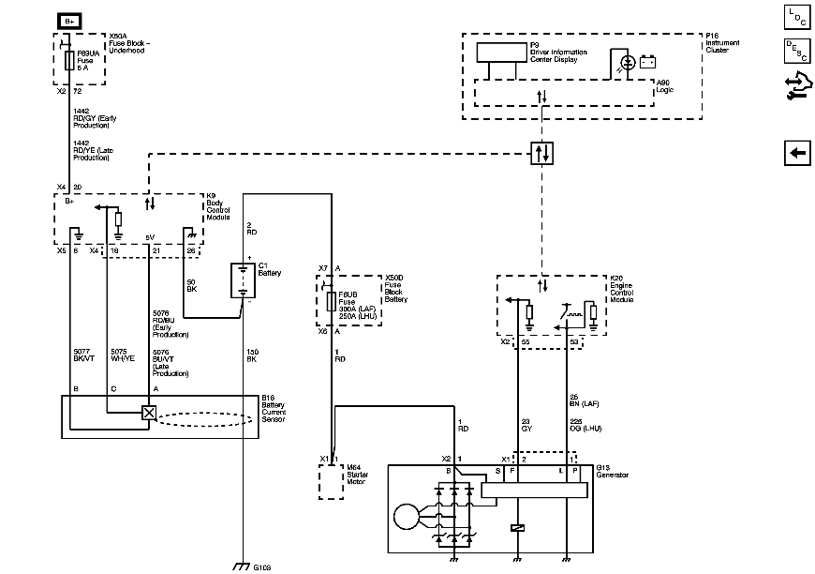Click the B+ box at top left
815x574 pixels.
69,20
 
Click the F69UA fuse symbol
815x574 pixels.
70,62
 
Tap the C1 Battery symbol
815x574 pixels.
244,279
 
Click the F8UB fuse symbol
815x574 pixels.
331,301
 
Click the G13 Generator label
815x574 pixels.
612,472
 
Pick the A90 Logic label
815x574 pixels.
664,85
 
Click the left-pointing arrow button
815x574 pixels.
796,154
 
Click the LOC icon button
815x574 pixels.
796,16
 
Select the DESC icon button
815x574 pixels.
796,52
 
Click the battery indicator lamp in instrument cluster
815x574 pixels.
627,63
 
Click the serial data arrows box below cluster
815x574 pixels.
541,153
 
